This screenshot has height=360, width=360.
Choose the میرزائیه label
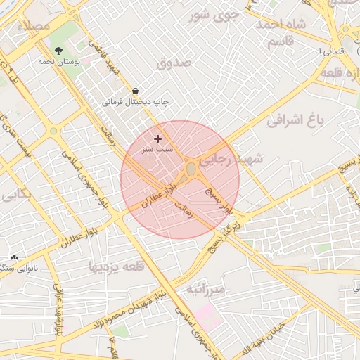point(206,290)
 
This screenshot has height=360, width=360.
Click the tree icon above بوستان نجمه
point(58,51)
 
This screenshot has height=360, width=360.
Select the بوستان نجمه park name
point(59,62)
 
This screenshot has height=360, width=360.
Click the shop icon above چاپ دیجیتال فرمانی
point(135,91)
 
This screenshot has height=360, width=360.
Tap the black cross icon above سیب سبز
point(157,139)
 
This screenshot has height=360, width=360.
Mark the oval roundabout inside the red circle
point(191,169)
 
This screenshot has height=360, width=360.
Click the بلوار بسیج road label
point(217,199)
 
